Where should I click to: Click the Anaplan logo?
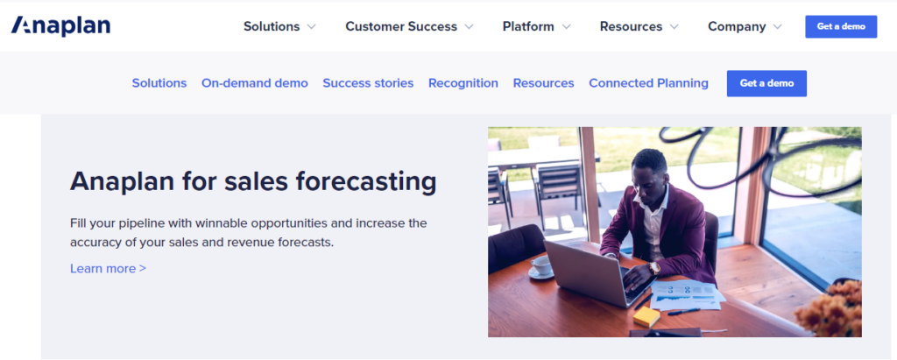60,26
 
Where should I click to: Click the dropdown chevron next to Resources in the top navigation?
674,27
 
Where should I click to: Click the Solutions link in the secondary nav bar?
159,83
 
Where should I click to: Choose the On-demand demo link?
255,83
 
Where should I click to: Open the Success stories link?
368,83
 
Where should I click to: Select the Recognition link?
463,83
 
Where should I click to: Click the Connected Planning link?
648,83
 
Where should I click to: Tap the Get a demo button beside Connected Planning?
766,83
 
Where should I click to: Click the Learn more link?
108,268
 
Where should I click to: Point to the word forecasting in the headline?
366,182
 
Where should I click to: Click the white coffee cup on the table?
541,266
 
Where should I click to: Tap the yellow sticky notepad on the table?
646,316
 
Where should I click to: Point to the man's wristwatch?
654,268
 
